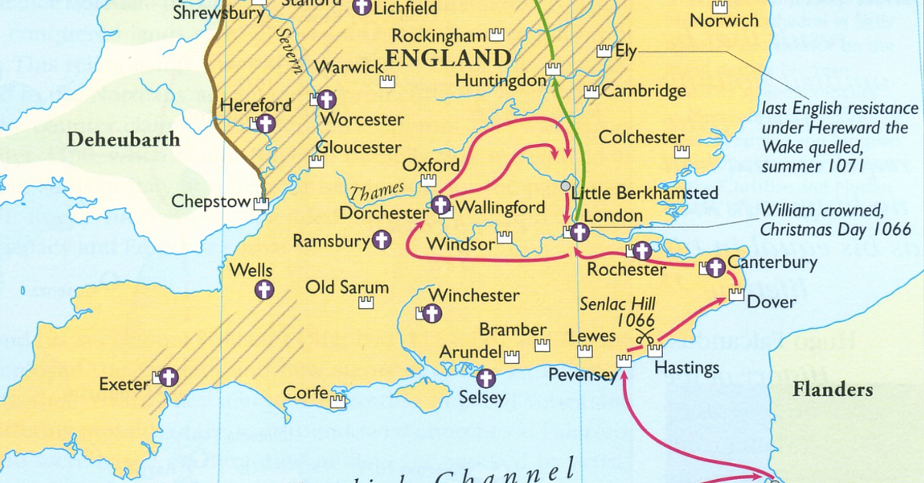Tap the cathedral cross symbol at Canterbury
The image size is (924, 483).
click(716, 268)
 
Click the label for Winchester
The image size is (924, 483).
click(474, 295)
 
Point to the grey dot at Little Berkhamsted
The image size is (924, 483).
click(566, 186)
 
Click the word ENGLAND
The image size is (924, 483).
click(449, 58)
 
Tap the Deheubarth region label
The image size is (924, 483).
click(123, 139)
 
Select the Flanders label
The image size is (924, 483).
click(832, 389)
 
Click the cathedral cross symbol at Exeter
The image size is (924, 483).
click(169, 377)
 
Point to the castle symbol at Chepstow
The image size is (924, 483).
click(262, 203)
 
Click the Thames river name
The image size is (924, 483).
click(377, 190)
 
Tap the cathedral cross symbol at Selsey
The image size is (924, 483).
click(486, 378)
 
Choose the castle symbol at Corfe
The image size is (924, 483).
click(337, 401)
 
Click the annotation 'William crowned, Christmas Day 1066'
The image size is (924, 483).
click(835, 220)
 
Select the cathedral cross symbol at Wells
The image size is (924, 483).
click(264, 290)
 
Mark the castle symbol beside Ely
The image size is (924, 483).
click(604, 51)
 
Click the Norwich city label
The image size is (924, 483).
click(724, 21)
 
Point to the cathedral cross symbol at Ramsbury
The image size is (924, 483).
click(381, 240)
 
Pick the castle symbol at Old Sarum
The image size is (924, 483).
click(366, 303)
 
